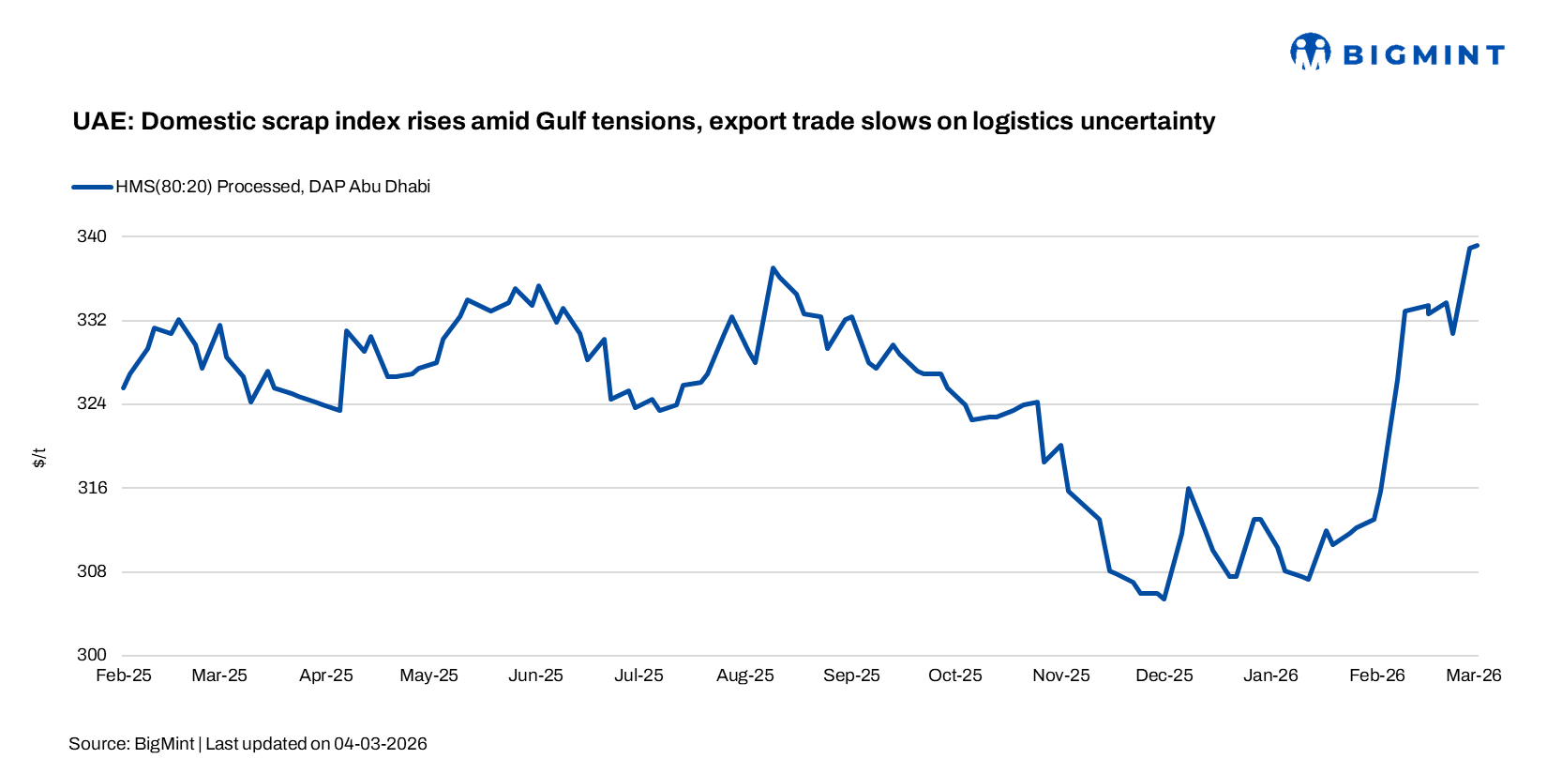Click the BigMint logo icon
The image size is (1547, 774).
[1310, 52]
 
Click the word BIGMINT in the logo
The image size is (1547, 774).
[1423, 55]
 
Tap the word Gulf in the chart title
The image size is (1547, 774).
[562, 121]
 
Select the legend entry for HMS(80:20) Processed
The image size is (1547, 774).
[272, 187]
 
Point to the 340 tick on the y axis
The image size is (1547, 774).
[92, 236]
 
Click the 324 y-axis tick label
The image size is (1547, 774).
[92, 404]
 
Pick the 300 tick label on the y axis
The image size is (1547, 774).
[92, 656]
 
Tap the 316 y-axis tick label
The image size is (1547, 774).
[92, 488]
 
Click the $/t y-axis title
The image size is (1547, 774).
[39, 458]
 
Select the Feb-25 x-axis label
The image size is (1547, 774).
[124, 675]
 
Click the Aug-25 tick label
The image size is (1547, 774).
[745, 675]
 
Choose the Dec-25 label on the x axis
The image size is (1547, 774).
[1164, 675]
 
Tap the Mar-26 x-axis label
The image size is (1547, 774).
[1474, 675]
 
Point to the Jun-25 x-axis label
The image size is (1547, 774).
[535, 675]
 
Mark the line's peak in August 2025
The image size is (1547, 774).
[773, 268]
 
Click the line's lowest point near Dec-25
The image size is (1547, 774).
[1164, 599]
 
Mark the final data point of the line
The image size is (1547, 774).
[1478, 246]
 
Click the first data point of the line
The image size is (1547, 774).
[124, 387]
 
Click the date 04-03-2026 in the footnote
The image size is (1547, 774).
[381, 744]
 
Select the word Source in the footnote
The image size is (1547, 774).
[98, 744]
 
